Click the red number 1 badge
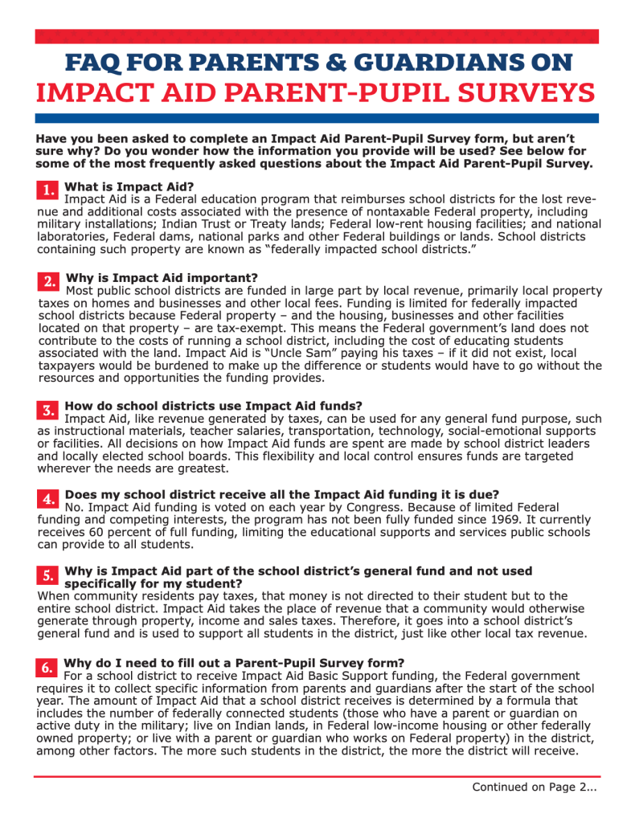[47, 190]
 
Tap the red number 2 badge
[48, 281]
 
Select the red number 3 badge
[47, 410]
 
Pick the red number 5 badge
[47, 575]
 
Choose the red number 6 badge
[47, 668]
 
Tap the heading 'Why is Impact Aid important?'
[162, 278]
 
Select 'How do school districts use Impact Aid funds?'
[213, 406]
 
